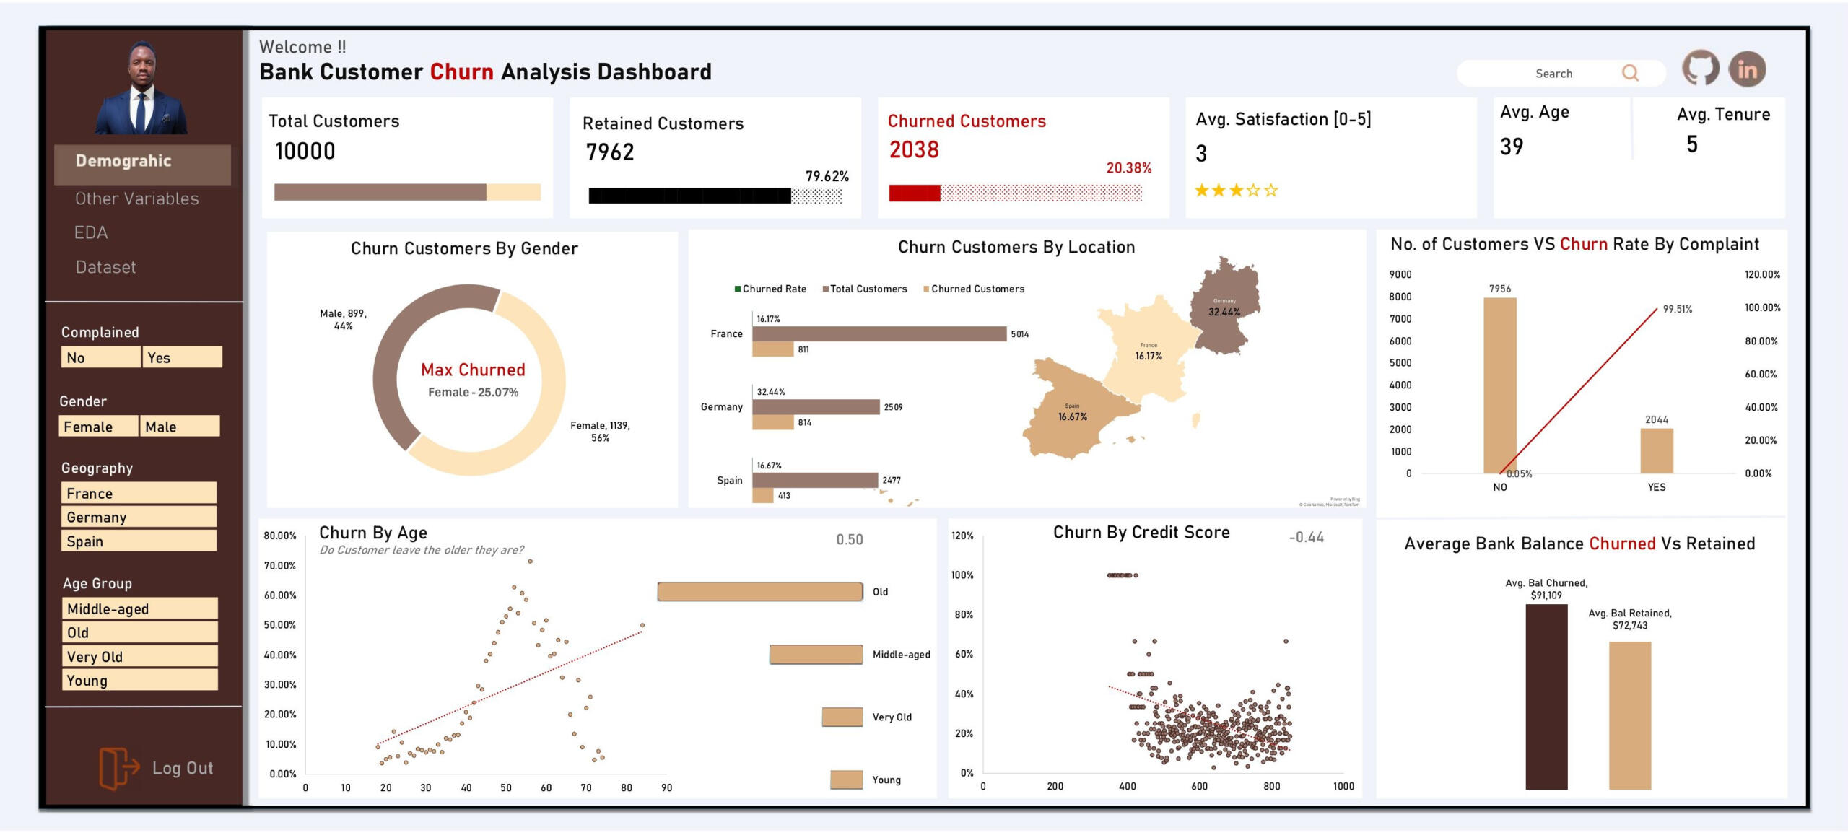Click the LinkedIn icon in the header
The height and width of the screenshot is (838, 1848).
(1746, 69)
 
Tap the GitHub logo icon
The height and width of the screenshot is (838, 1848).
(1700, 69)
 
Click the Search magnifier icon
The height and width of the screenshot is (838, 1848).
(1630, 73)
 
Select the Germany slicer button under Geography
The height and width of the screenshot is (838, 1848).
(139, 517)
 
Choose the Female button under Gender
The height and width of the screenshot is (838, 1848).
(98, 427)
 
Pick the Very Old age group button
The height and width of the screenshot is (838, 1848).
(139, 656)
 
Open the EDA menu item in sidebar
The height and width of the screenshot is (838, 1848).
(91, 232)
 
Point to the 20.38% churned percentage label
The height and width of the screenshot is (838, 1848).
(1128, 167)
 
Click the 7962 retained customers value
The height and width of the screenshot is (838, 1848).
(610, 152)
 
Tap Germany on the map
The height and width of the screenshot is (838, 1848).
(1226, 307)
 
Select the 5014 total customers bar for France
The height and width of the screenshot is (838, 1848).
(879, 333)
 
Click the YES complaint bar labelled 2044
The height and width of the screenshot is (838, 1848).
(1656, 451)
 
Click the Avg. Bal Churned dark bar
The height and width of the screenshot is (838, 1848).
(1546, 697)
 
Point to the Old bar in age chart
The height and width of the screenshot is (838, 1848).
(759, 592)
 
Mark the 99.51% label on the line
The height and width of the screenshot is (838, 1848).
(1677, 309)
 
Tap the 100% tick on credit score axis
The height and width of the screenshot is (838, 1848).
(962, 575)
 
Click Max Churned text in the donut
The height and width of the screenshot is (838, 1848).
(473, 370)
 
